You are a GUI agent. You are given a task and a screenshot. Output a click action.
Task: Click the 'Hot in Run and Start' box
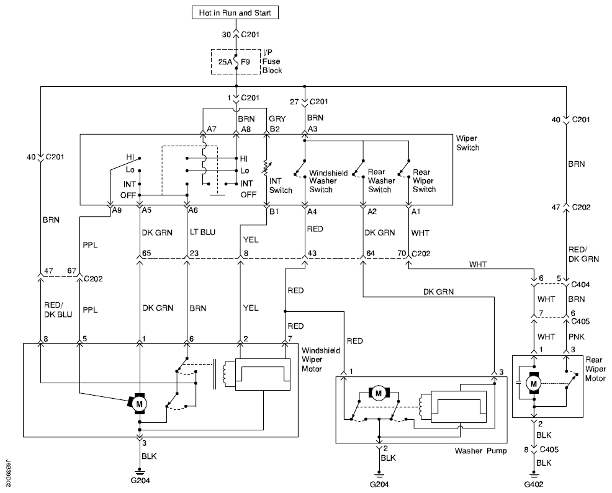coord(235,12)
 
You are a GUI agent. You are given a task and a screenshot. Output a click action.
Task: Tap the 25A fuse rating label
coord(225,61)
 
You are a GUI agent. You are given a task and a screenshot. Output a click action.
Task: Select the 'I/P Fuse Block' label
coord(272,61)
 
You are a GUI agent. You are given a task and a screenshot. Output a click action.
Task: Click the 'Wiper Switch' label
coord(467,143)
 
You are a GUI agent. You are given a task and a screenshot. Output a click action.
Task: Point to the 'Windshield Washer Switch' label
coord(328,181)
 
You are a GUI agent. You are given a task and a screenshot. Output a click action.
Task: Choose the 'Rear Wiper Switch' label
coord(425,180)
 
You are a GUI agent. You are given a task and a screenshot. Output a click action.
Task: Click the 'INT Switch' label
coord(281,185)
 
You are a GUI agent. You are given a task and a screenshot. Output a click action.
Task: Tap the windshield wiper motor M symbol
coord(138,404)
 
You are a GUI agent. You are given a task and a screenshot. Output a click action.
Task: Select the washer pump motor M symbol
coord(378,393)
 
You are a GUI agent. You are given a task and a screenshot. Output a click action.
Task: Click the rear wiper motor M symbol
coord(533,383)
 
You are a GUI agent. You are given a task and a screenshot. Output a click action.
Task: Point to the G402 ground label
coord(534,484)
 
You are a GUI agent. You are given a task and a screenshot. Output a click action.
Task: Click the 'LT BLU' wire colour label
coord(202,232)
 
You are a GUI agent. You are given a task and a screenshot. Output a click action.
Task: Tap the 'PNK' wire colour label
coord(576,337)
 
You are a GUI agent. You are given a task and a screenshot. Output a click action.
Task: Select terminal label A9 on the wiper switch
coord(117,210)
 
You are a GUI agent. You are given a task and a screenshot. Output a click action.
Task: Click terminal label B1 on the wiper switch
coord(274,211)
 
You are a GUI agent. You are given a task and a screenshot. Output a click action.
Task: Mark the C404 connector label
coord(580,285)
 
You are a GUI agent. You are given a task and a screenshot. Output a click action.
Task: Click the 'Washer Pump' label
coord(480,451)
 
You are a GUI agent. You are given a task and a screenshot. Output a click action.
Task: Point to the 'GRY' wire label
coord(277,118)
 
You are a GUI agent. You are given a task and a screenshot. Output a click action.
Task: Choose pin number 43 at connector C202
coord(312,253)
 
